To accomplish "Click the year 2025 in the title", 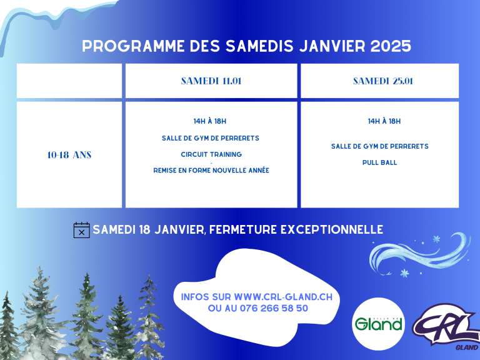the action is pos(391,46).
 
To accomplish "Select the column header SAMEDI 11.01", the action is pos(211,81).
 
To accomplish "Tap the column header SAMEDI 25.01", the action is pos(383,81).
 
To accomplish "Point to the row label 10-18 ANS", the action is pos(69,155).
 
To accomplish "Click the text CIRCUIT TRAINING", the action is pos(211,154).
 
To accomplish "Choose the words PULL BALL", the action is pos(379,162).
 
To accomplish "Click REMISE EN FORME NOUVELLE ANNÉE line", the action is pos(211,171).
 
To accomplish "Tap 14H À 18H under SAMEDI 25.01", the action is pos(384,121).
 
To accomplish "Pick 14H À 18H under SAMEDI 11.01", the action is pos(210,121).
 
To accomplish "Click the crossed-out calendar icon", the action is pos(82,230).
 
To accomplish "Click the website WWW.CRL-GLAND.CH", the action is pos(283,297).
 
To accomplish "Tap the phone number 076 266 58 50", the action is pos(274,308).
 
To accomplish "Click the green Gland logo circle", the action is pos(378,324).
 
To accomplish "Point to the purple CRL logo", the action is pos(446,327).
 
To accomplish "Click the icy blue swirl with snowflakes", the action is pos(419,255).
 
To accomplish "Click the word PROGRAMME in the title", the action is pos(133,46).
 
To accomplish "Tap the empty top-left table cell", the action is pos(69,81).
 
